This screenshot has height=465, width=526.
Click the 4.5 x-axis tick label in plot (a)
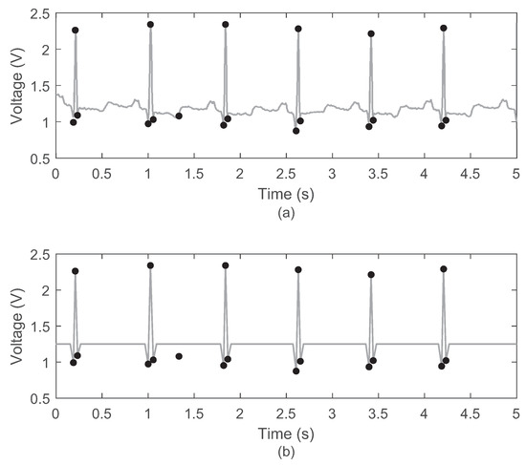click(x=470, y=175)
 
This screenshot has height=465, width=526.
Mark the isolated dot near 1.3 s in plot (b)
click(x=179, y=356)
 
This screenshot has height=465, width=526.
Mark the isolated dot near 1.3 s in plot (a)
click(x=179, y=116)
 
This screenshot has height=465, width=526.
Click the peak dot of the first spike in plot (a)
click(x=75, y=31)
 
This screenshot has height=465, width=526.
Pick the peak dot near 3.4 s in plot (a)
click(x=371, y=33)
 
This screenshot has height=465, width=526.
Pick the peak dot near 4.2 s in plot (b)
click(x=444, y=269)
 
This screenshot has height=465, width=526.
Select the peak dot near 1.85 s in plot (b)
click(x=226, y=265)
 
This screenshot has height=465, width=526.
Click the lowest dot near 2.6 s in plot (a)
click(x=296, y=131)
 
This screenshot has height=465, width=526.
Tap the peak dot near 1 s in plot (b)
click(x=150, y=265)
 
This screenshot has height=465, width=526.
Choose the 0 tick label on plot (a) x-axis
click(x=55, y=175)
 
